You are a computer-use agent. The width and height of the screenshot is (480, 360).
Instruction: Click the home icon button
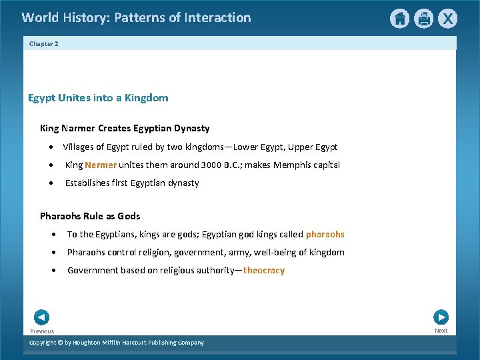tap(399, 19)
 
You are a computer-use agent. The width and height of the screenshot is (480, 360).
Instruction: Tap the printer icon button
tap(423, 19)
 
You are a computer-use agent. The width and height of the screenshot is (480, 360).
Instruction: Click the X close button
tap(448, 19)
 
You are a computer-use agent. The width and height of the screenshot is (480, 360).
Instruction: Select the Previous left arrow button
tap(41, 317)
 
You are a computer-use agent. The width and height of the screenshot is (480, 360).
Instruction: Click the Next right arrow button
tap(441, 317)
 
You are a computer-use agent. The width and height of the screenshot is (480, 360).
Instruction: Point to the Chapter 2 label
tap(44, 43)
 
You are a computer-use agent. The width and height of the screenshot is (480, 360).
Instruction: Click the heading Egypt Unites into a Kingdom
tap(98, 98)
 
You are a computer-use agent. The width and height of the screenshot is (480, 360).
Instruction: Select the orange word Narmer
tap(101, 165)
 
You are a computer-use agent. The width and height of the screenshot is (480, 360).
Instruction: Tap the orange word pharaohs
tap(325, 234)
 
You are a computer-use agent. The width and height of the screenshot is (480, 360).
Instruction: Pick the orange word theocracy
tap(264, 270)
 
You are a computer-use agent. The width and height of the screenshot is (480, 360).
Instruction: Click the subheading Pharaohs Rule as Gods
tap(90, 216)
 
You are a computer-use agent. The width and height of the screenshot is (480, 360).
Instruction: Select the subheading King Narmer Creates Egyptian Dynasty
tap(125, 128)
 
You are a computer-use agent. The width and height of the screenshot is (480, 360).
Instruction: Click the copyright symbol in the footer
tap(61, 343)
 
